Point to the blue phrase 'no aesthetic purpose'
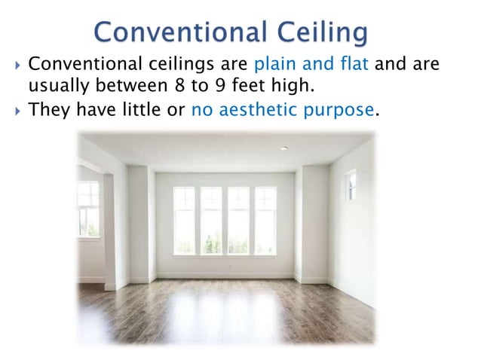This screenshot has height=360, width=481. pyautogui.click(x=283, y=110)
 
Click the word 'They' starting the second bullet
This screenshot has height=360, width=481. pyautogui.click(x=49, y=110)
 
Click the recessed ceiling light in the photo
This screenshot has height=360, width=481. pyautogui.click(x=284, y=149)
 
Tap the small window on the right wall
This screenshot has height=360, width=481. pyautogui.click(x=351, y=185)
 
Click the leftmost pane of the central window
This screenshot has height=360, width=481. pyautogui.click(x=184, y=221)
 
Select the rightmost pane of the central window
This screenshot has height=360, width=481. pyautogui.click(x=265, y=221)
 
